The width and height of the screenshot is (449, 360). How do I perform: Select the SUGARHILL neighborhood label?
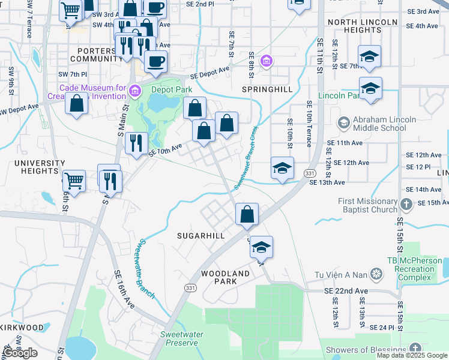200,236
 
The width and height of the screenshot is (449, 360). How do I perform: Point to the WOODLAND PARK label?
225,277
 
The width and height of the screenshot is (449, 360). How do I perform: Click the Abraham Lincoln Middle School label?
384,124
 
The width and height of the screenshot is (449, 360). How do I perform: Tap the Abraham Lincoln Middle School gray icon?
343,123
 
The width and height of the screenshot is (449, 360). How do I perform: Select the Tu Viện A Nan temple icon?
376,275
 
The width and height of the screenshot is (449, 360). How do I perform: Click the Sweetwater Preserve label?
182,338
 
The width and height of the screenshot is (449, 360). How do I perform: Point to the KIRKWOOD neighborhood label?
22,328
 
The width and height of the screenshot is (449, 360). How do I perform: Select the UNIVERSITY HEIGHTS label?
40,167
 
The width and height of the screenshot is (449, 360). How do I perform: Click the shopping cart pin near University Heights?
73,179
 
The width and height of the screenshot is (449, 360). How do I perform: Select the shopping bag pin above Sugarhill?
247,214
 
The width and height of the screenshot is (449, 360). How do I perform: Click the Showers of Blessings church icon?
415,349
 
